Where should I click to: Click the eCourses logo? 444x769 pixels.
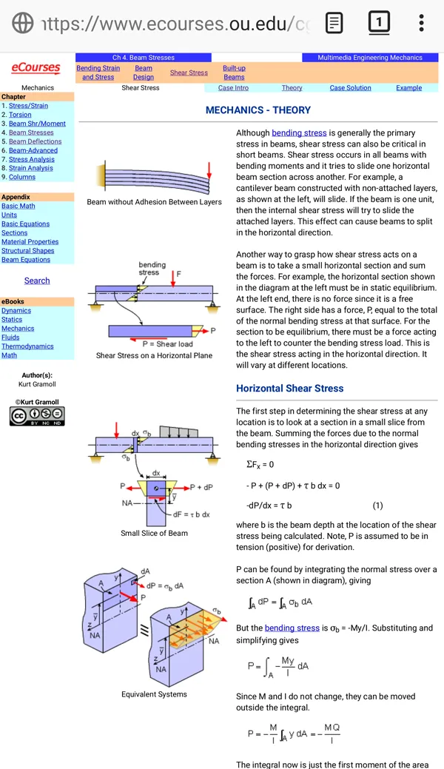[36, 68]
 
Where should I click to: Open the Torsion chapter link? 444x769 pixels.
[20, 114]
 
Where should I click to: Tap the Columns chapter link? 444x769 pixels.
[22, 177]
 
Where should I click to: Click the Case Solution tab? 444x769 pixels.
[350, 88]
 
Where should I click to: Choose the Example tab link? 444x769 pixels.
[409, 88]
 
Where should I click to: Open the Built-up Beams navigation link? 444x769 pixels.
[234, 73]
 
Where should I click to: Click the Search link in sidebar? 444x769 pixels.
[37, 281]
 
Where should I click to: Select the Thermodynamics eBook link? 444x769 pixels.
[27, 346]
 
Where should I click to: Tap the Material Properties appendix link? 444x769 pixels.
[30, 242]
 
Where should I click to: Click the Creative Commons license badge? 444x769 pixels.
[37, 416]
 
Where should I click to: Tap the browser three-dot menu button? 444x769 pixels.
[422, 23]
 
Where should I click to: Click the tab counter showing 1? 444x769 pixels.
[379, 22]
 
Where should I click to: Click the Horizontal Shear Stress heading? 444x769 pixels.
[290, 389]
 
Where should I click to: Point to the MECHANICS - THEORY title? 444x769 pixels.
[258, 110]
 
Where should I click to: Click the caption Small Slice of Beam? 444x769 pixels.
[154, 533]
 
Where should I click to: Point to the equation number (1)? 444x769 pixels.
[377, 506]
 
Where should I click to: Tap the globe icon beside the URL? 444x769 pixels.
[22, 23]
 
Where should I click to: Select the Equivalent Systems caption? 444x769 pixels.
[154, 694]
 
